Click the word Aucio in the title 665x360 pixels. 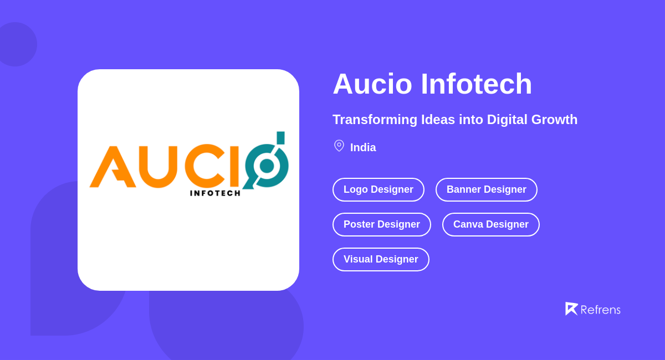pos(372,84)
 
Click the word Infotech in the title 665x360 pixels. pos(476,84)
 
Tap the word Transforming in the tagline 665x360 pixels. pos(375,120)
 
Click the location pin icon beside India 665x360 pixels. pos(339,146)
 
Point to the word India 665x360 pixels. pos(363,148)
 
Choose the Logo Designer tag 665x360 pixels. pos(378,189)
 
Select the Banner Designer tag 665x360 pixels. pos(487,189)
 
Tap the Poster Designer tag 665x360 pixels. pos(382,224)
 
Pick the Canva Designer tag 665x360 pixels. pos(491,224)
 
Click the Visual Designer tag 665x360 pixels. pos(381,259)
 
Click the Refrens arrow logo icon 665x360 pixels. pos(571,308)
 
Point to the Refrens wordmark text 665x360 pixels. pos(600,310)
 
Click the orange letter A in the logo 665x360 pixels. pos(112,167)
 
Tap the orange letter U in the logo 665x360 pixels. pos(157,167)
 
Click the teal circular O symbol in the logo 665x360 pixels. pos(267,165)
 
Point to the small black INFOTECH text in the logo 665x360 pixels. pos(215,193)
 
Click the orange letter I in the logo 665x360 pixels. pos(234,166)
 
